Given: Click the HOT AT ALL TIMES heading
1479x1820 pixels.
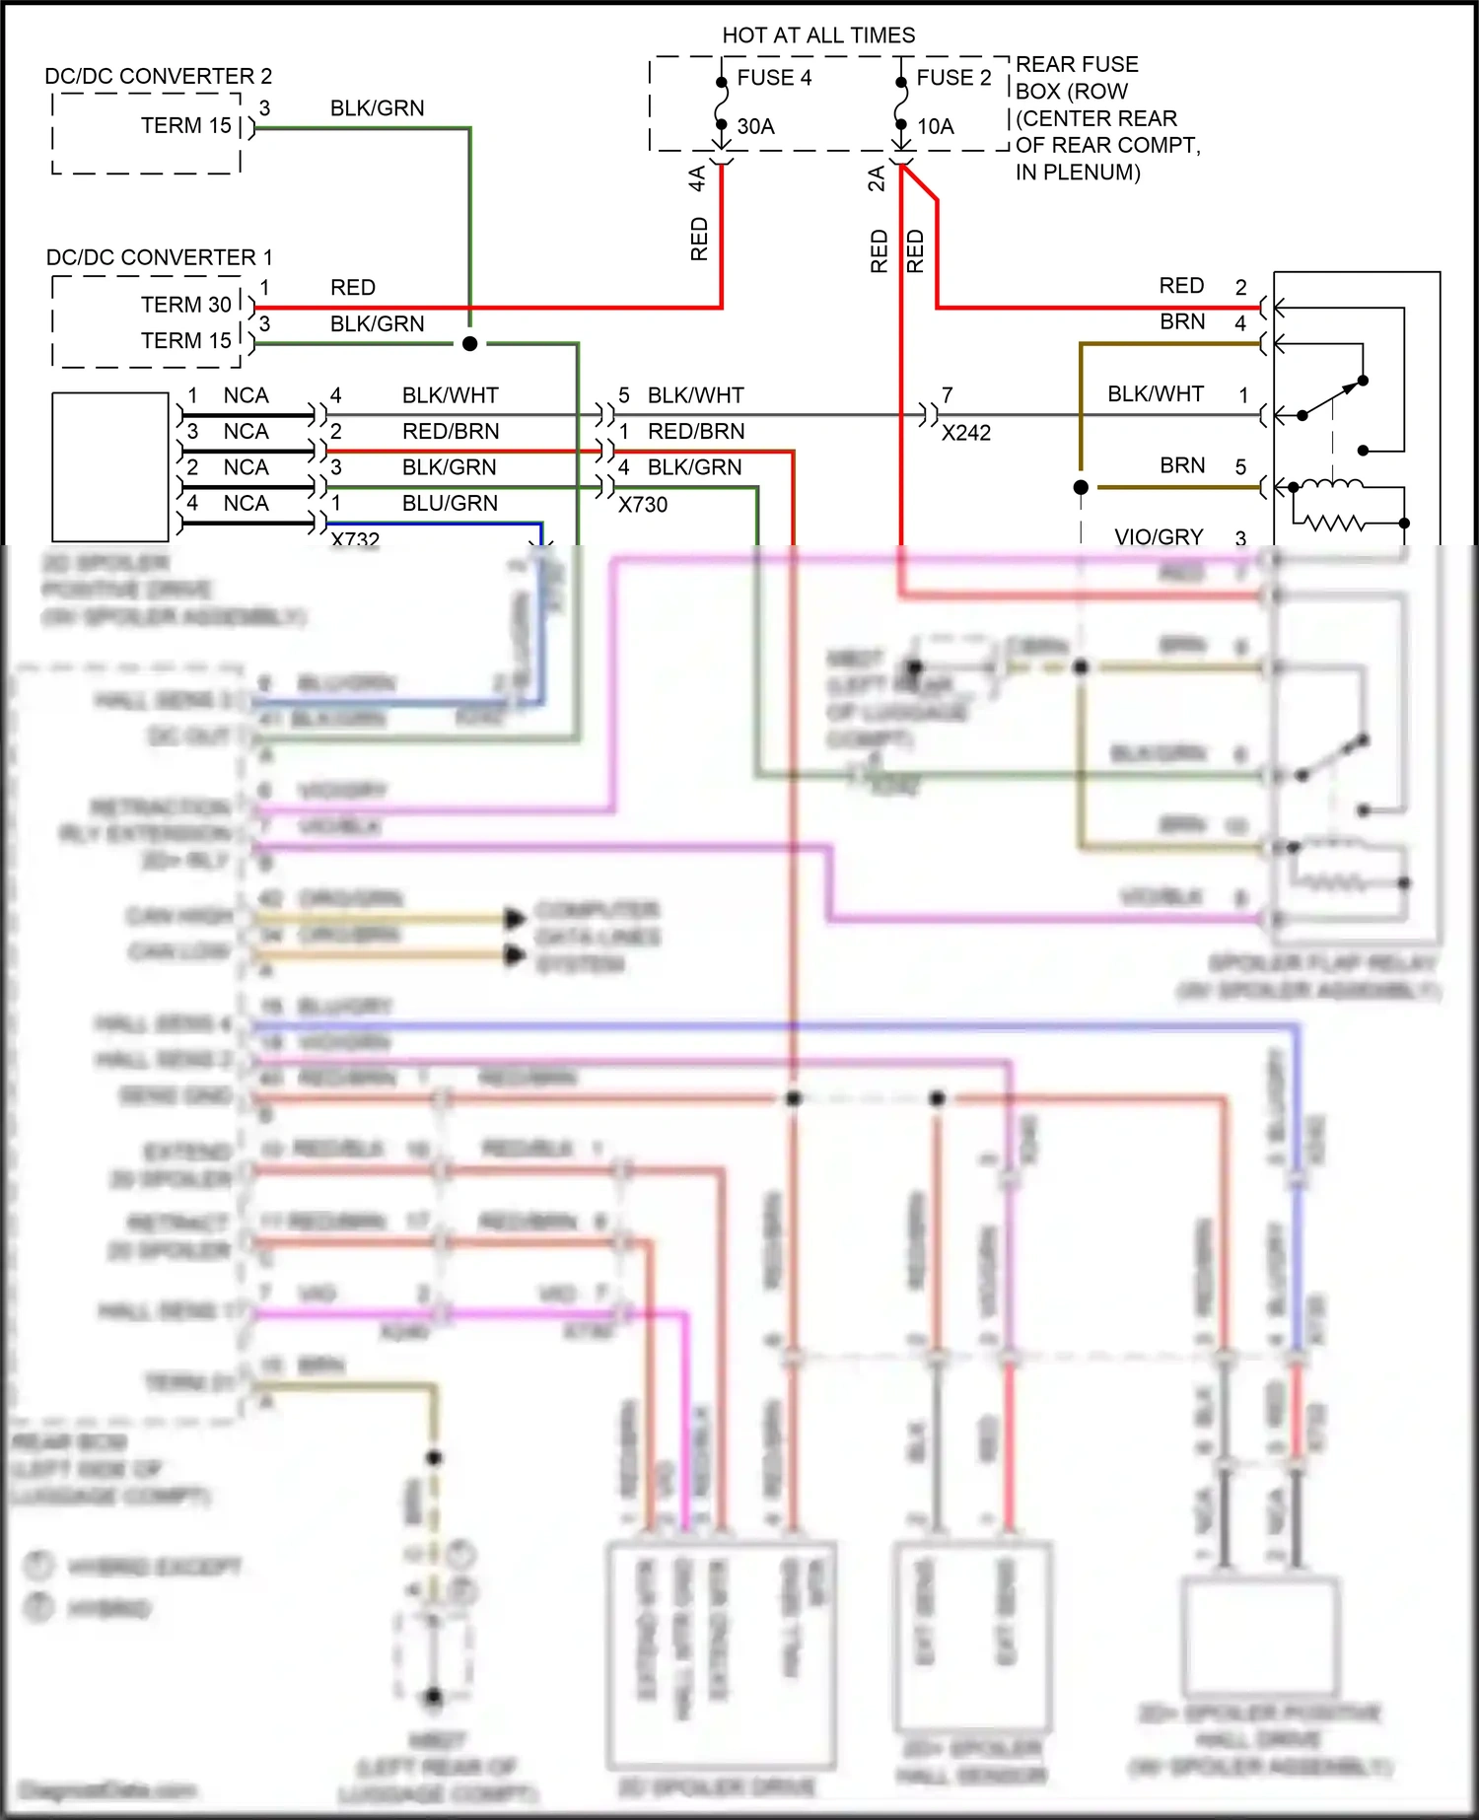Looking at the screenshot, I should point(818,35).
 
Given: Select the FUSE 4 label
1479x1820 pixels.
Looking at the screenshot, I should point(774,78).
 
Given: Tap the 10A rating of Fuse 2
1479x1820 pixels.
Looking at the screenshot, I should point(936,126).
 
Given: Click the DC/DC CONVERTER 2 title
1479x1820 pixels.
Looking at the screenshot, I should point(158,76).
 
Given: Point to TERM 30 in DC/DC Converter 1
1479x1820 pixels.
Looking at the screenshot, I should point(185,305).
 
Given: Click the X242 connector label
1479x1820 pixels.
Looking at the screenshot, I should point(965,433).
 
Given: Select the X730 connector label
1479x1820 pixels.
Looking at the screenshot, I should point(643,505).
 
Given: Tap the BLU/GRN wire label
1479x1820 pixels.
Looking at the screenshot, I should point(450,504).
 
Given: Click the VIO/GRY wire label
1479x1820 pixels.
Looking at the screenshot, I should point(1159,537).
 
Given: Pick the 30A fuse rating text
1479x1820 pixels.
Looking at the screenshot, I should point(755,126).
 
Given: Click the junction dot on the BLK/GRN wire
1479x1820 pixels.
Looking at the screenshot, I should point(470,344).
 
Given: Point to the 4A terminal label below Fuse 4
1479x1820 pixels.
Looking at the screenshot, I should point(697,178).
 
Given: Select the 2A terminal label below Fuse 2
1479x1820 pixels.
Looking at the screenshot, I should point(877,178).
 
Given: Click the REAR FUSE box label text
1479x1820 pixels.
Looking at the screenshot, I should point(1077,65).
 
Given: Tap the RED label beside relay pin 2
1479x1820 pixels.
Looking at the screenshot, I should point(1181,286).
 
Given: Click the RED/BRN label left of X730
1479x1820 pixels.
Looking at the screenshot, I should point(451,432).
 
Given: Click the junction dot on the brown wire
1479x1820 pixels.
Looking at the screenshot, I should point(1081,487).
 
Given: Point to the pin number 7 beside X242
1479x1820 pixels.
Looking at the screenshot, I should point(948,395).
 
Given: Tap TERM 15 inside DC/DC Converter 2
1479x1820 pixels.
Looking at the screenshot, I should point(185,126).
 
